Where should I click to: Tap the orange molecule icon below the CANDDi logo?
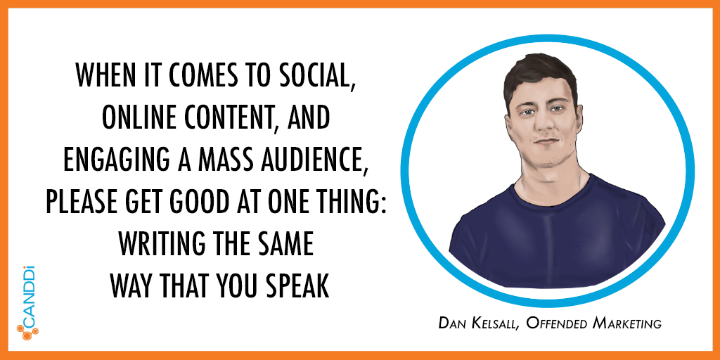pos(27,332)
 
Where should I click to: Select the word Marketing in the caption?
pos(627,323)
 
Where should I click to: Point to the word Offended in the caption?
pos(557,323)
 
